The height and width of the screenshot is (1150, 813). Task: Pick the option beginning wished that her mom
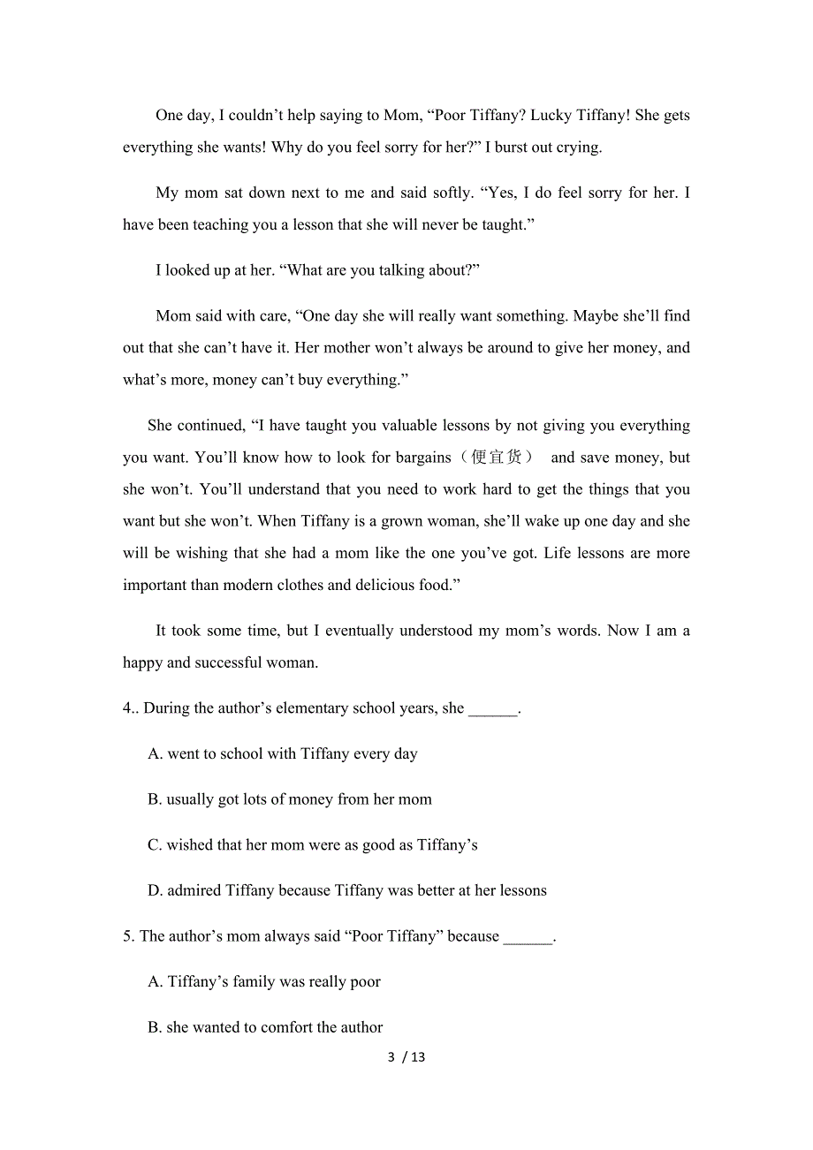pos(312,845)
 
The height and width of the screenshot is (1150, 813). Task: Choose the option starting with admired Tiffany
pos(346,890)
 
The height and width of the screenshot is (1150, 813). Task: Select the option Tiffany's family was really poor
pos(264,982)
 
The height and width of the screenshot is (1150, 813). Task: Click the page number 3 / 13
pos(406,1057)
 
